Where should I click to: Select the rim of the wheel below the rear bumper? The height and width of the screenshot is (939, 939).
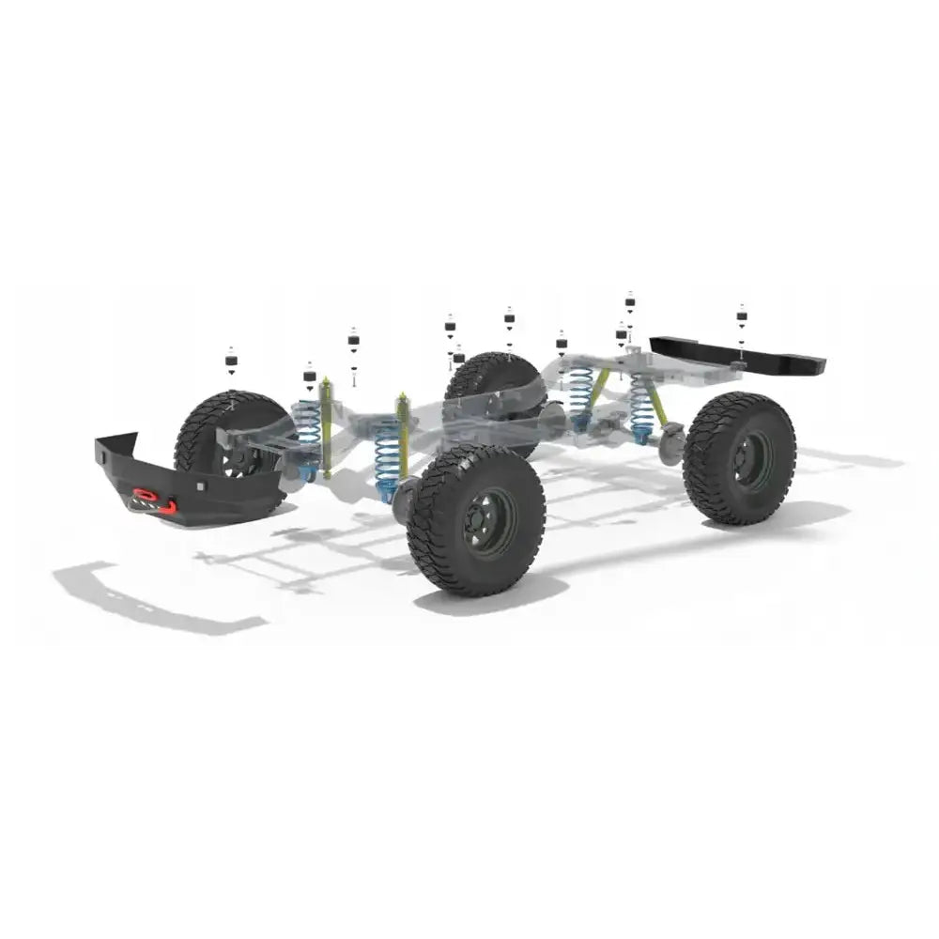[751, 460]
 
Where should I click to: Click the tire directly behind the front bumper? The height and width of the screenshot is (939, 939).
[225, 423]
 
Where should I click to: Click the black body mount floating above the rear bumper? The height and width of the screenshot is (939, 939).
[741, 315]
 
